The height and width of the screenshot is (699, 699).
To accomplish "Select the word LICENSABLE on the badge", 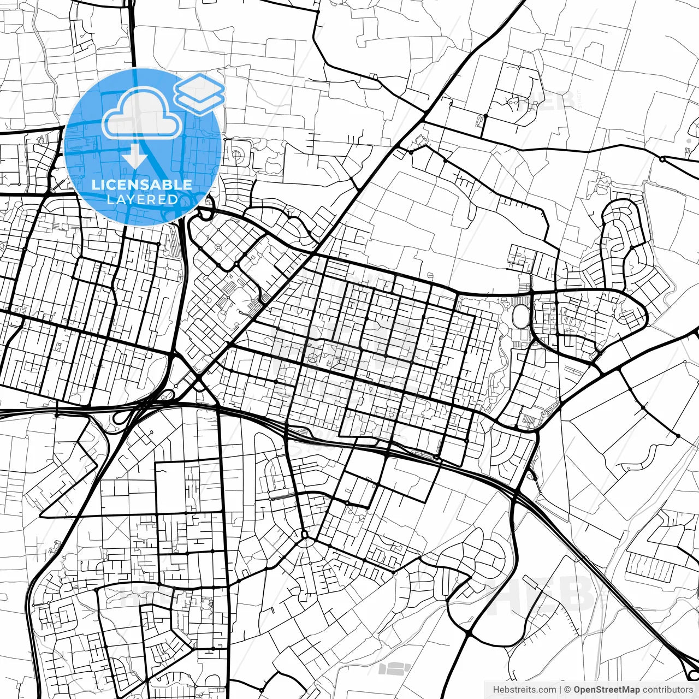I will pos(142,185).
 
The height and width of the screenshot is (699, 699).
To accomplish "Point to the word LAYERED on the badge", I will pos(142,199).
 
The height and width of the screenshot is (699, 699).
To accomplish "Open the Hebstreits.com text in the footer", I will pos(524,690).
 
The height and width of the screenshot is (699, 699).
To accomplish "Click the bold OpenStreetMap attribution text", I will pos(606,690).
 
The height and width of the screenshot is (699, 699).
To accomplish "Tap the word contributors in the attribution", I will pos(667,690).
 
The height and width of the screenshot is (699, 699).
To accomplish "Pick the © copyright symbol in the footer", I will pos(567,690).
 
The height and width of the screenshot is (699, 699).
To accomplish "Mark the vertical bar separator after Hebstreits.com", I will pos(560,690).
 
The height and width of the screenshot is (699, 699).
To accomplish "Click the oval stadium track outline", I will pos(522,316).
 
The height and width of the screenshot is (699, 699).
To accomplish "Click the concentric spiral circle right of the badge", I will pos(236,155).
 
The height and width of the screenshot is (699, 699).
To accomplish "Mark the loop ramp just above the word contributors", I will pos(689,670).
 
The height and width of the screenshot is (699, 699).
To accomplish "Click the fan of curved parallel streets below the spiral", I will pos(235,188).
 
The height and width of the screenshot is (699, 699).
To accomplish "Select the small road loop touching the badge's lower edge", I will pos(204,214).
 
